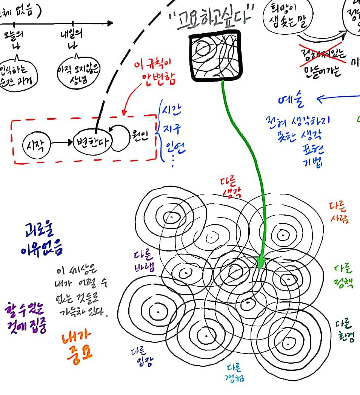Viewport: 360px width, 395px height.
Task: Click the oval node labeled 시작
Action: click(x=36, y=144)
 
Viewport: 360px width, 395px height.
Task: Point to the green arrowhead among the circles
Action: click(x=260, y=262)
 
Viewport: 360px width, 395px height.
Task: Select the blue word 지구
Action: click(x=172, y=128)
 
